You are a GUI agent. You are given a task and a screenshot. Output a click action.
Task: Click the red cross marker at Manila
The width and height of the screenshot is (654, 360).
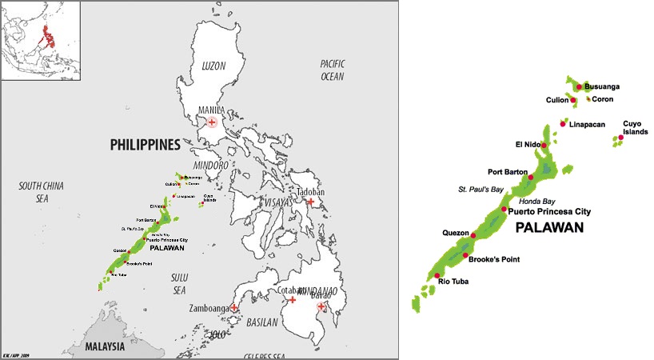pos(212,122)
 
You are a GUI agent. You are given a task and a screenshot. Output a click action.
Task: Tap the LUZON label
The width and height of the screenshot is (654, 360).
pos(213,63)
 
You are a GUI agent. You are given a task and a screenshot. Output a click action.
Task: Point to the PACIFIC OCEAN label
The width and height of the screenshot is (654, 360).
pos(331,70)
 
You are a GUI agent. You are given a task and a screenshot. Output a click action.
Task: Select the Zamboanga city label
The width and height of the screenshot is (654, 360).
pos(209,307)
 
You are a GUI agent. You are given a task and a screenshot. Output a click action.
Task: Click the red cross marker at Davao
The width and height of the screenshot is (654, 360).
pos(321,306)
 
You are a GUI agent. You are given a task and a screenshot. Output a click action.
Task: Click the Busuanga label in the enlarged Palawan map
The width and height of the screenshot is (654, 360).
pos(602,86)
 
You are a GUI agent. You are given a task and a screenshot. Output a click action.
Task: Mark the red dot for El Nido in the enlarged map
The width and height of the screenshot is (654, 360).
pos(544,146)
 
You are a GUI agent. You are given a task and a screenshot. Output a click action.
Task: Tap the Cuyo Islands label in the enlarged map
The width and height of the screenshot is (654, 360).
pos(635,127)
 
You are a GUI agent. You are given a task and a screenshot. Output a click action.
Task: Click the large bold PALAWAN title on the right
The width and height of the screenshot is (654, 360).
pos(549,228)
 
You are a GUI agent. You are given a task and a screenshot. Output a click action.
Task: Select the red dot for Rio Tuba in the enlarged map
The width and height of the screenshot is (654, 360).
pos(437,274)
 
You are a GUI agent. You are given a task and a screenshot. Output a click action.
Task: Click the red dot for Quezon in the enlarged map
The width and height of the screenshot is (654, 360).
pos(473,235)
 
